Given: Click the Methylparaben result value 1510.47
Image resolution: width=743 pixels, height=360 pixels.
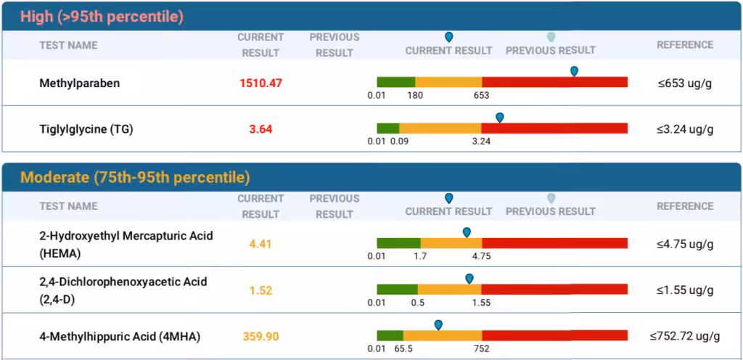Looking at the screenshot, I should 260,83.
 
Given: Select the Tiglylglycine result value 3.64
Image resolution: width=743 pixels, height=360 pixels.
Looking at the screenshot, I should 260,129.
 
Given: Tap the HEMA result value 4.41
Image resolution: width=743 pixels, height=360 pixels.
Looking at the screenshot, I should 260,244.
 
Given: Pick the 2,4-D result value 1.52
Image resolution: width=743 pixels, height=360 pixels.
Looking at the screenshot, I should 260,290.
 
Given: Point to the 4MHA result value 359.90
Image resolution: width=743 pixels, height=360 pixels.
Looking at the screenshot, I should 260,337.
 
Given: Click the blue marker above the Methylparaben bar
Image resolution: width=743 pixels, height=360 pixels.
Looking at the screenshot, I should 574,71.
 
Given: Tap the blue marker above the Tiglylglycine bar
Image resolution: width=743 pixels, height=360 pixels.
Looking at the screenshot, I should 499,117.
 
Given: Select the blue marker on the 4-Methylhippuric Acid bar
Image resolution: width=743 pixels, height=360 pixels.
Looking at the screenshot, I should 438,324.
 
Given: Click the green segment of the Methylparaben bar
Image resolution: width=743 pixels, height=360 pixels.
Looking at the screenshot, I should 395,82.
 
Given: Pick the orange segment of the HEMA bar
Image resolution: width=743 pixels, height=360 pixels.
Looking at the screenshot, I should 451,244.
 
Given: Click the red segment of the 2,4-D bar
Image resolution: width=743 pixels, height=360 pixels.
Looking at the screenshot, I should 554,290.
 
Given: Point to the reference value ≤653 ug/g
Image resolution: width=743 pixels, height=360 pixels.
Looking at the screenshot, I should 685,83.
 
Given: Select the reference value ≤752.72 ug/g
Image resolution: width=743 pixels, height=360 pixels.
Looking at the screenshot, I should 685,337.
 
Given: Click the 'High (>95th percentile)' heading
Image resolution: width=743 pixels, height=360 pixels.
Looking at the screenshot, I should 102,16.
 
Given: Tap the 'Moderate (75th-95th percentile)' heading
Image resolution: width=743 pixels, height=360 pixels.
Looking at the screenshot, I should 135,177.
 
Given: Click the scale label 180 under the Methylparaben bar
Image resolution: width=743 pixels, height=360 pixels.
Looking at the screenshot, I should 415,95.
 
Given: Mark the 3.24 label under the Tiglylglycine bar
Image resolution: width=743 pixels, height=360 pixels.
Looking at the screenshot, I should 481,141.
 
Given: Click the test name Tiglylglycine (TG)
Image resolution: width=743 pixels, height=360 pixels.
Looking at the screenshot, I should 86,129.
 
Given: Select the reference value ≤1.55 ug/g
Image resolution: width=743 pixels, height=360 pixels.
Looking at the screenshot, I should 685,290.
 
